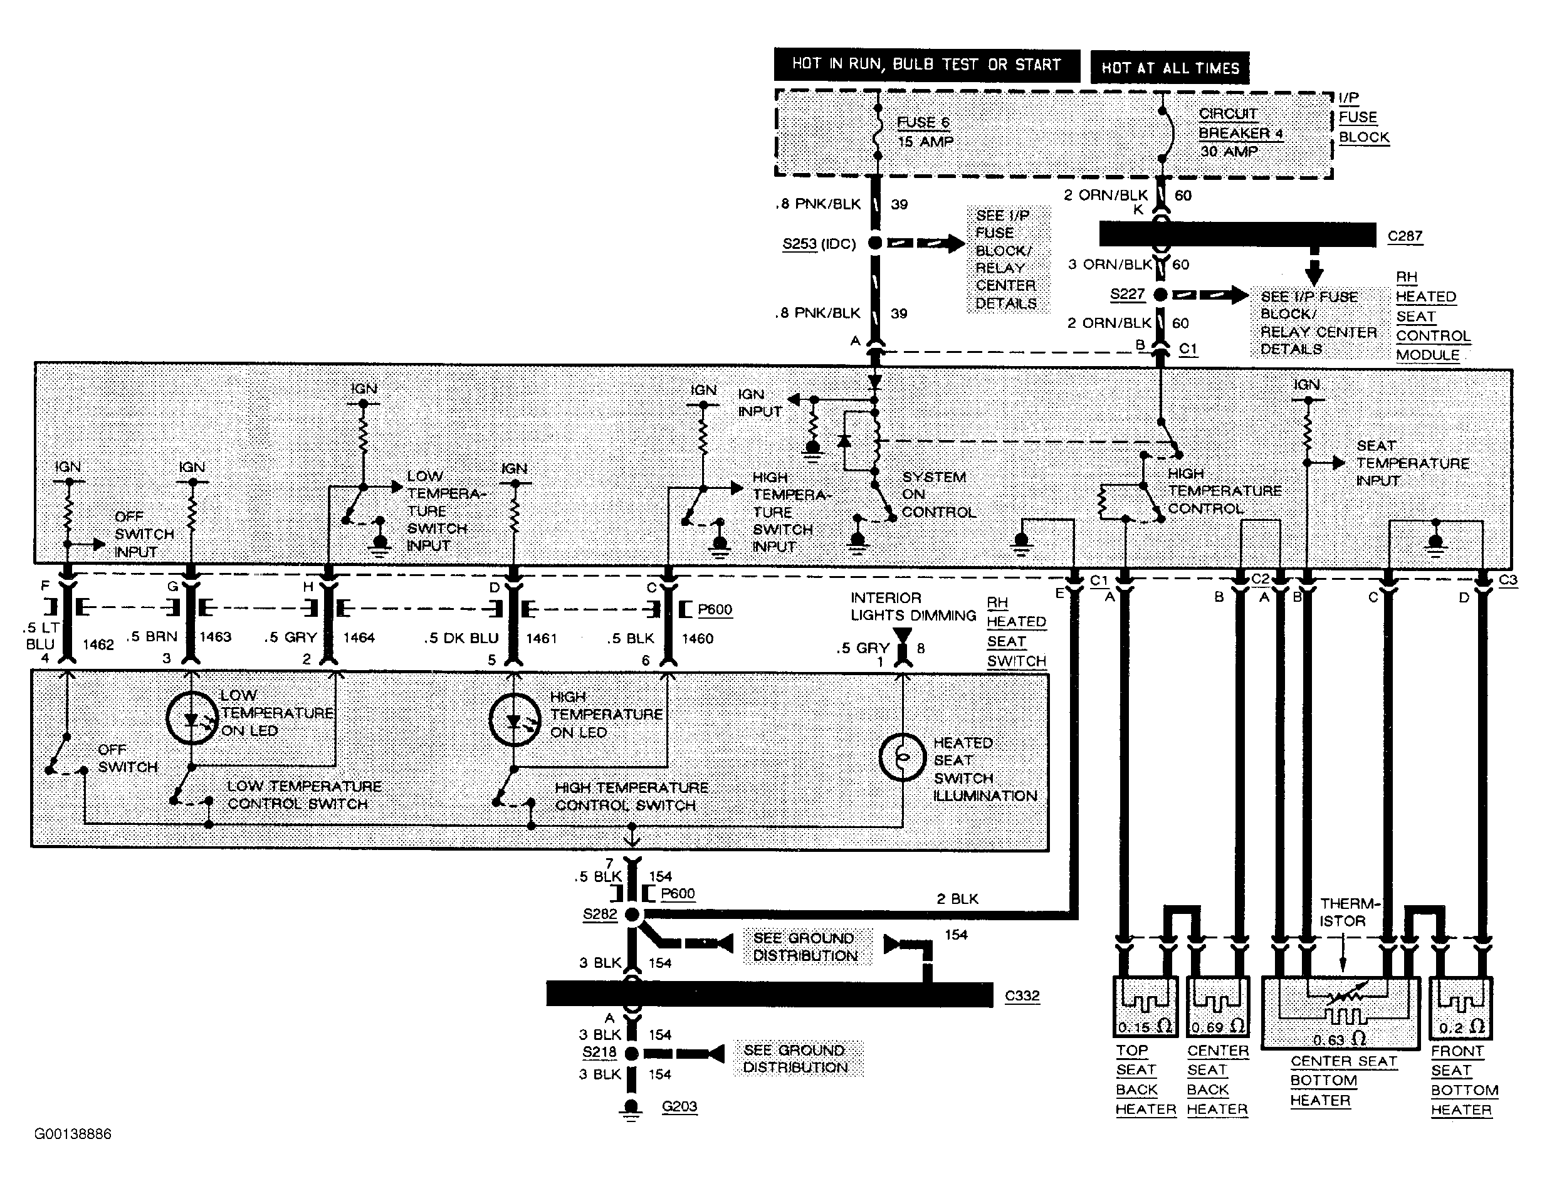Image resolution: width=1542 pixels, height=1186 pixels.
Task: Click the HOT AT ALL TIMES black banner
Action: (x=1170, y=68)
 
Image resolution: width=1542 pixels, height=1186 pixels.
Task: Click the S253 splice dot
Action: (x=875, y=243)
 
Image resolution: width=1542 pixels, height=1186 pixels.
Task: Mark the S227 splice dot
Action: (x=1160, y=295)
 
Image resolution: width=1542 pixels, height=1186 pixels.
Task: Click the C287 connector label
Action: (x=1404, y=236)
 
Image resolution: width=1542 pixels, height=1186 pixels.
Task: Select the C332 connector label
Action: (x=1022, y=995)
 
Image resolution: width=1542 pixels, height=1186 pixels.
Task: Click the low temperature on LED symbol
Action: (x=192, y=718)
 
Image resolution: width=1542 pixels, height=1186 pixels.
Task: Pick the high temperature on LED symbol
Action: (x=515, y=720)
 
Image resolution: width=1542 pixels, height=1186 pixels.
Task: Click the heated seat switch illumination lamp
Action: (x=902, y=757)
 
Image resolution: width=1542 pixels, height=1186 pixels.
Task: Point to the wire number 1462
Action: (x=98, y=644)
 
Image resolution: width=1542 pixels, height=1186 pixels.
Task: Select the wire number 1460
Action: (x=697, y=638)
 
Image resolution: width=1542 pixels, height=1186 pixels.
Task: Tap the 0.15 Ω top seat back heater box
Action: (x=1145, y=1007)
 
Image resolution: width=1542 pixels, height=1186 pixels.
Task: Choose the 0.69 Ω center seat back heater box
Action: (x=1218, y=1007)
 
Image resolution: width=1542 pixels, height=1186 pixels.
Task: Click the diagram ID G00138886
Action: (x=73, y=1134)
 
